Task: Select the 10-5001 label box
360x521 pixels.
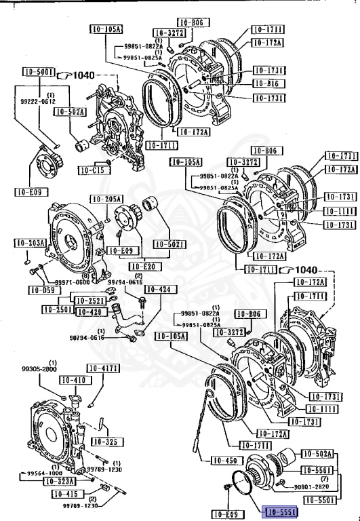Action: [37, 72]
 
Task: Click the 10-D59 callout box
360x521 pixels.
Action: [41, 290]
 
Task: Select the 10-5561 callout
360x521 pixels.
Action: [316, 469]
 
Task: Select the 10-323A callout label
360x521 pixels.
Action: [60, 480]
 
